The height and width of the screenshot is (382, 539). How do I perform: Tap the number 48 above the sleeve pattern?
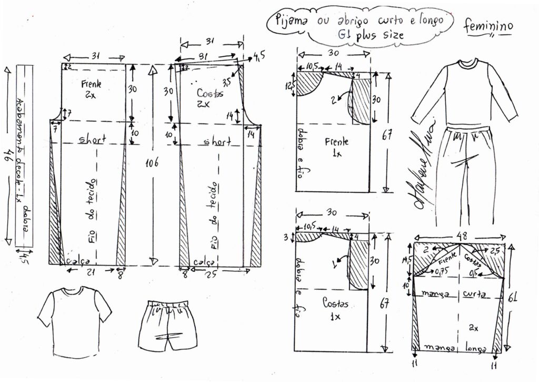tap(461, 237)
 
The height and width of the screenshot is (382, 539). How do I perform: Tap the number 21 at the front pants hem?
tap(91, 271)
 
